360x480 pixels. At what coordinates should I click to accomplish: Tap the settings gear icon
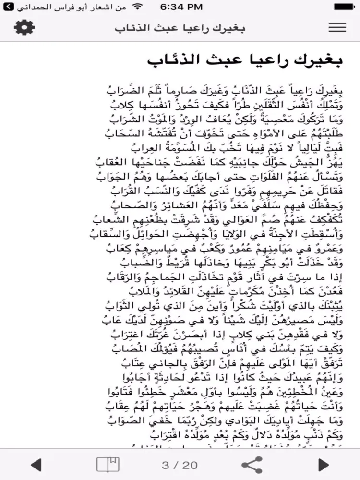pyautogui.click(x=24, y=27)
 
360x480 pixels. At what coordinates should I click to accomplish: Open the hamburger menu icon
pyautogui.click(x=337, y=27)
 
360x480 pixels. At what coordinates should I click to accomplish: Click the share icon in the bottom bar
pyautogui.click(x=252, y=465)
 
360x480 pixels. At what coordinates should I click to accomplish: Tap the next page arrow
pyautogui.click(x=324, y=465)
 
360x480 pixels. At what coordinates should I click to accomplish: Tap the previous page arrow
pyautogui.click(x=36, y=465)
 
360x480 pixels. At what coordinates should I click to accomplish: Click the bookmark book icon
pyautogui.click(x=108, y=465)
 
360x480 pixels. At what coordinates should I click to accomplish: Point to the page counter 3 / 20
pyautogui.click(x=180, y=465)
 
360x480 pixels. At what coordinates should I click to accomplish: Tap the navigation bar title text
pyautogui.click(x=180, y=27)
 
